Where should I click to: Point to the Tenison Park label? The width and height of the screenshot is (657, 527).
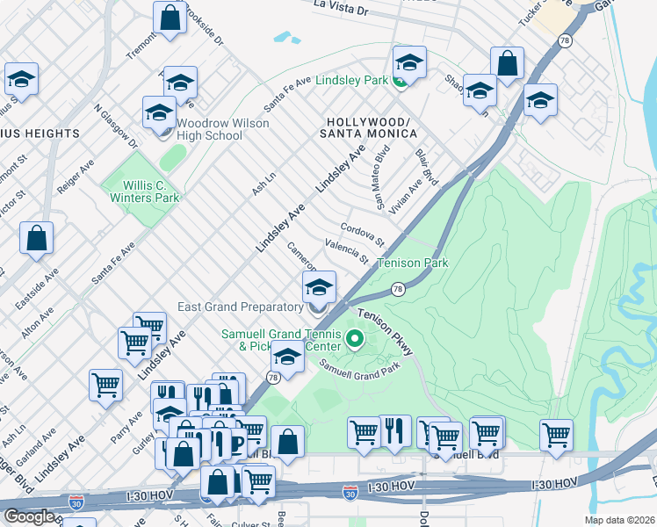(x=413, y=263)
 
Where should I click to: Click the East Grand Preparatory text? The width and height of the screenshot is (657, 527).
(x=240, y=307)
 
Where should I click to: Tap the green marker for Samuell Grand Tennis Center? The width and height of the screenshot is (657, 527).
(x=355, y=337)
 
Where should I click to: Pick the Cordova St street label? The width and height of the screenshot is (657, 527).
(x=363, y=234)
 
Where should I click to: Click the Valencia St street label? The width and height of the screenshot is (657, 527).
(x=346, y=252)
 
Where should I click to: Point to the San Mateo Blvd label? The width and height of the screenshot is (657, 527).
(x=382, y=178)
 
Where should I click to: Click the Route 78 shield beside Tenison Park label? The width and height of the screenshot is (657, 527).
(x=398, y=289)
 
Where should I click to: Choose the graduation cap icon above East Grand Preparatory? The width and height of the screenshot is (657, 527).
(x=319, y=287)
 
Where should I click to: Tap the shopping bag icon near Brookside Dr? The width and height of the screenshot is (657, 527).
(x=170, y=18)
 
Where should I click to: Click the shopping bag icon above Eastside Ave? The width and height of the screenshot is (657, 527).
(x=36, y=238)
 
